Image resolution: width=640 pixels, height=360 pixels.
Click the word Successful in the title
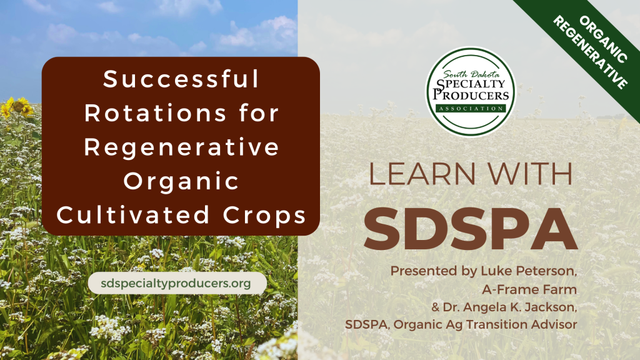coord(181,79)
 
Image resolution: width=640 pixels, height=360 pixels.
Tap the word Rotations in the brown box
coord(155,113)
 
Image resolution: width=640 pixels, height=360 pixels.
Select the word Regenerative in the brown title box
coord(181,147)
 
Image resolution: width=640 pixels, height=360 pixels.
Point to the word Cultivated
coord(133,215)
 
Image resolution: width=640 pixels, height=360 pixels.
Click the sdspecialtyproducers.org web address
coord(176,283)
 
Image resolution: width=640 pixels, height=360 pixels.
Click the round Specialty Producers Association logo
coord(471,92)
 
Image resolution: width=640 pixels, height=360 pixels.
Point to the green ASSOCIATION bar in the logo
coord(471,109)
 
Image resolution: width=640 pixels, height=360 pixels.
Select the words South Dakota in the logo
coord(471,74)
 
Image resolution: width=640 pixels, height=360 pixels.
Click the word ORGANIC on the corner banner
coord(603,39)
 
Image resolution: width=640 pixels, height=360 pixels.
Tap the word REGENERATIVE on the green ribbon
coord(590,52)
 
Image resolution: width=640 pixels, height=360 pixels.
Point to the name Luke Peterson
coord(529,271)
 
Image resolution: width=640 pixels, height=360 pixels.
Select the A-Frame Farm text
coord(529,289)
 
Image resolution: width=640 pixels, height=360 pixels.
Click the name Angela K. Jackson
coord(520,307)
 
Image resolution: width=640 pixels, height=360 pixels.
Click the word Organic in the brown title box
coord(181,182)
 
